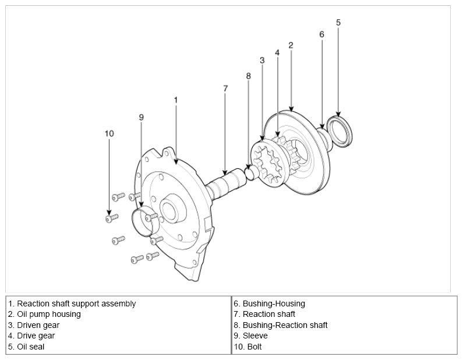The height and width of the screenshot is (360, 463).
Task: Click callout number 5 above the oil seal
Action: [338, 23]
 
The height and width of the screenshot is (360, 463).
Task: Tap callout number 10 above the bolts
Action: [109, 133]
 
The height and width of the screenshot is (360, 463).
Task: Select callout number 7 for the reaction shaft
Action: [225, 89]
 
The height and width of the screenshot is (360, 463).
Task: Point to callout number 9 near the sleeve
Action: [141, 118]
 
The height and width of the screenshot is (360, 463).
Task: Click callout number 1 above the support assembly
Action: [175, 100]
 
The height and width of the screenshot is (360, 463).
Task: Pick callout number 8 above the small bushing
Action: [249, 76]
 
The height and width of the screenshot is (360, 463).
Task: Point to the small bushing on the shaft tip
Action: [249, 172]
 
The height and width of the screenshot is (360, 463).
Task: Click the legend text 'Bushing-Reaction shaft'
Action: [281, 325]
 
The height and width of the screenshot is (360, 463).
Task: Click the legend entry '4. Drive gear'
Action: [31, 336]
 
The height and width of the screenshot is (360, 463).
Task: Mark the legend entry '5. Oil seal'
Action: [26, 347]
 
